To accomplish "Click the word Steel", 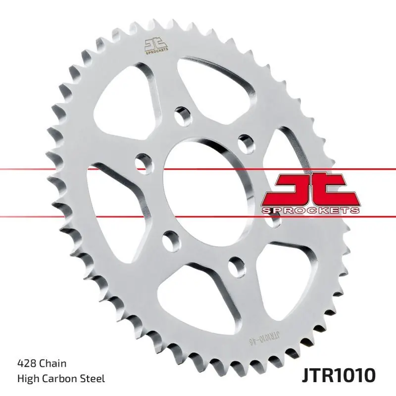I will pyautogui.click(x=94, y=379).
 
